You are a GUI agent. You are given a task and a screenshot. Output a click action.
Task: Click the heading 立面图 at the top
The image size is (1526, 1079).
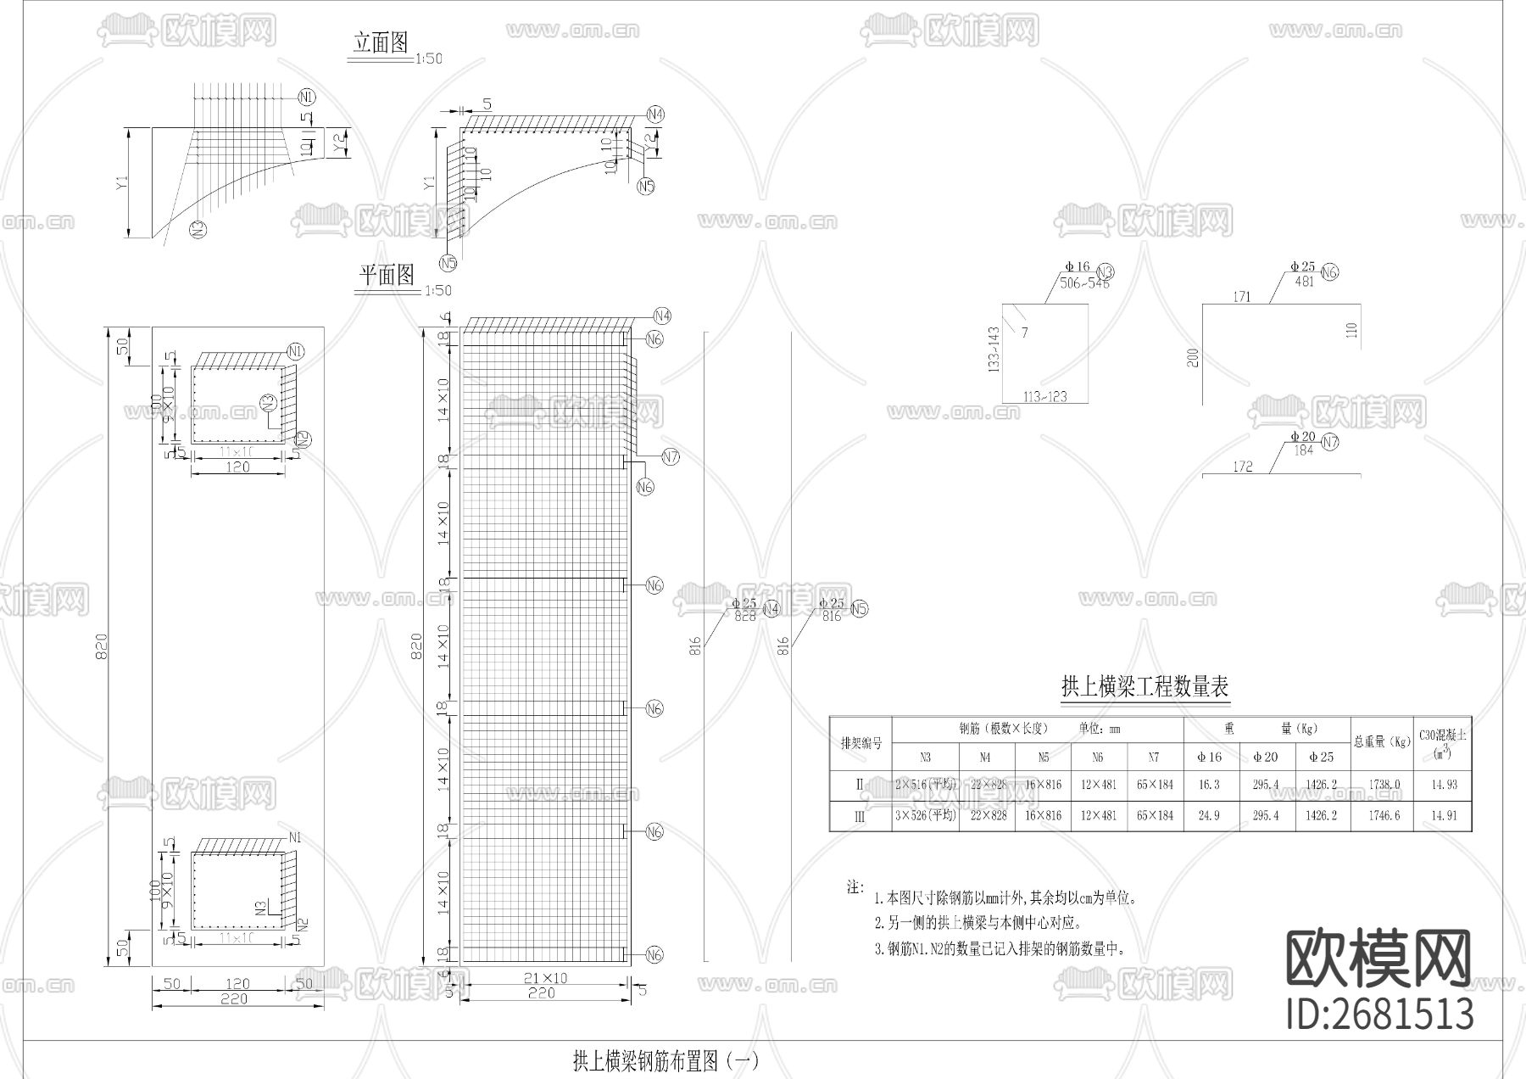click(x=381, y=43)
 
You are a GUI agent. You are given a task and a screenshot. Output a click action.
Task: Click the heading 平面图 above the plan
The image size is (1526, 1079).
click(x=387, y=275)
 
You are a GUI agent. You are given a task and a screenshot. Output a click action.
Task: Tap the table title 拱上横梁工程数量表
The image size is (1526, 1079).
click(x=1144, y=686)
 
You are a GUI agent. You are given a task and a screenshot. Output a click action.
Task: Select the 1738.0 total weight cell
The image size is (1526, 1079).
click(x=1384, y=785)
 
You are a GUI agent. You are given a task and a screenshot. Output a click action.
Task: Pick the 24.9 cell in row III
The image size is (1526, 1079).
click(x=1210, y=816)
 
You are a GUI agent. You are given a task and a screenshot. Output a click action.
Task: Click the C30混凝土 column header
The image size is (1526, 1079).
click(x=1442, y=742)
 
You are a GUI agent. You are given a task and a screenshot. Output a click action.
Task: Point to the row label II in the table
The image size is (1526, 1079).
click(x=860, y=785)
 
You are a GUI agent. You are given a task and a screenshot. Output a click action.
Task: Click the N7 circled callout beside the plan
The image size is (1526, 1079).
click(x=671, y=457)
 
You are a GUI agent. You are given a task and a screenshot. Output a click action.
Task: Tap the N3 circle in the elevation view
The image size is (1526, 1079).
click(x=198, y=228)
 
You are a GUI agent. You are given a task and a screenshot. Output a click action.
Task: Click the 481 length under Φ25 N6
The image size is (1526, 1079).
click(x=1304, y=282)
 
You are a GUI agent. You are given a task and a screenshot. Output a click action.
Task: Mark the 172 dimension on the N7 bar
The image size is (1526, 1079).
click(x=1242, y=467)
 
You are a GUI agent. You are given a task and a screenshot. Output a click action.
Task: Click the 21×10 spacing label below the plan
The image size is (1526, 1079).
click(x=546, y=978)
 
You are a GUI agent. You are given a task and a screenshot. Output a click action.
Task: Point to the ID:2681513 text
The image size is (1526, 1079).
click(x=1380, y=1014)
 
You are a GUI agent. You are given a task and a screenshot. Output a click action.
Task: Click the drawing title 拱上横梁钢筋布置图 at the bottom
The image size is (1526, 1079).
click(x=666, y=1060)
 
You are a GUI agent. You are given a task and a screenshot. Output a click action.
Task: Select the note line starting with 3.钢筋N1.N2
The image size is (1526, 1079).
click(x=1000, y=949)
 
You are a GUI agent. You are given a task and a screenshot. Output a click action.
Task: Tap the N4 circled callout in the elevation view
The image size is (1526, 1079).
click(x=654, y=115)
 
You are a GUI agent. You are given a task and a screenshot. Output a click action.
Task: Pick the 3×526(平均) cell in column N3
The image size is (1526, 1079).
click(x=925, y=816)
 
